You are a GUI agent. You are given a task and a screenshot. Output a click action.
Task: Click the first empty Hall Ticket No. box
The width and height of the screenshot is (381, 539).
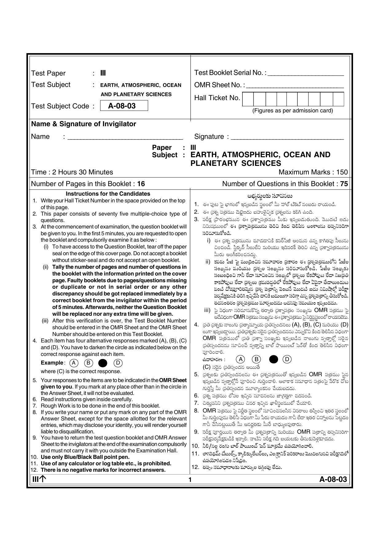tap(248, 99)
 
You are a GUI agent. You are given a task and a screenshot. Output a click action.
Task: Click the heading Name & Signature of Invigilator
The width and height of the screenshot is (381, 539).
tap(84, 124)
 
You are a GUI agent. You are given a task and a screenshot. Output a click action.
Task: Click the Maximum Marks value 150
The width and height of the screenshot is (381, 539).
tap(342, 172)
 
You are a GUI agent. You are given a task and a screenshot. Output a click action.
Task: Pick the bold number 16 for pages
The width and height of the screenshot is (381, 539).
tap(141, 184)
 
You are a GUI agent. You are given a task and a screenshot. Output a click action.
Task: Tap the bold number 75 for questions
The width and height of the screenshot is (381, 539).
tap(344, 184)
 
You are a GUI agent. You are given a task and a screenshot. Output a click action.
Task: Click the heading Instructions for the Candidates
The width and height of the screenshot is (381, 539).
tap(108, 194)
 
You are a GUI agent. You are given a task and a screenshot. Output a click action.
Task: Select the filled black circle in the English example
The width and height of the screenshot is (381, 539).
tap(103, 363)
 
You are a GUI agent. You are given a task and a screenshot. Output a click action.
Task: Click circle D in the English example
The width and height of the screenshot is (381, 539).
tap(118, 363)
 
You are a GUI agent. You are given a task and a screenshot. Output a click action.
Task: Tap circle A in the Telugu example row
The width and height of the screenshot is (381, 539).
tap(241, 359)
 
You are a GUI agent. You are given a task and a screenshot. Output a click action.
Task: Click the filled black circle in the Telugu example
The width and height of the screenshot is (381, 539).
tap(273, 359)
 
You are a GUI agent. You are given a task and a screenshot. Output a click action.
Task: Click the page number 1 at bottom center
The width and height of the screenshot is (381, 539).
tap(190, 480)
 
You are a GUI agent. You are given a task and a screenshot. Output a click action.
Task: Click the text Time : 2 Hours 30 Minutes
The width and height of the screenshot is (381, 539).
tap(72, 172)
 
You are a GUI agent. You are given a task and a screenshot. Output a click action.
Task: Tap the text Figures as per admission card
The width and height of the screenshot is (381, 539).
tap(292, 111)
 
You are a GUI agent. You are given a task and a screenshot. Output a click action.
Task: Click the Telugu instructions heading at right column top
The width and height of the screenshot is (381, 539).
tap(269, 196)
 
